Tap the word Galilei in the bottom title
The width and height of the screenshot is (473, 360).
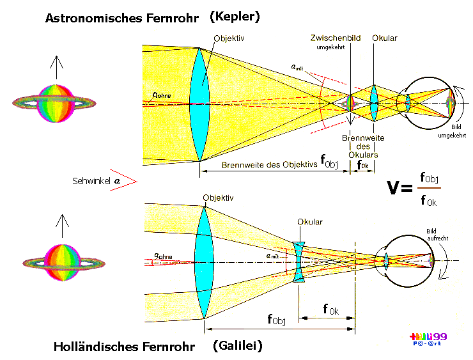click(x=237, y=346)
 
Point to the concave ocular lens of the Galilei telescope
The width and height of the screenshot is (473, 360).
click(x=299, y=262)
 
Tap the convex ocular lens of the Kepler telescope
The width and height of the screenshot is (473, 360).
click(x=374, y=102)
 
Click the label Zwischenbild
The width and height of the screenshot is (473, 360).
click(x=334, y=38)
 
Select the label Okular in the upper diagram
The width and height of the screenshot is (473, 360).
click(x=385, y=38)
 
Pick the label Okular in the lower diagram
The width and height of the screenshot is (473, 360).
click(x=309, y=222)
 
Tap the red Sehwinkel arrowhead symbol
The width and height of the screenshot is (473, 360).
click(x=127, y=181)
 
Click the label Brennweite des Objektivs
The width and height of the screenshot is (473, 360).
click(x=269, y=164)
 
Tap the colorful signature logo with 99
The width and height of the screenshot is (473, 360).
click(x=430, y=340)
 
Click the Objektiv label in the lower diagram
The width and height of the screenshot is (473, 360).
click(x=215, y=198)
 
